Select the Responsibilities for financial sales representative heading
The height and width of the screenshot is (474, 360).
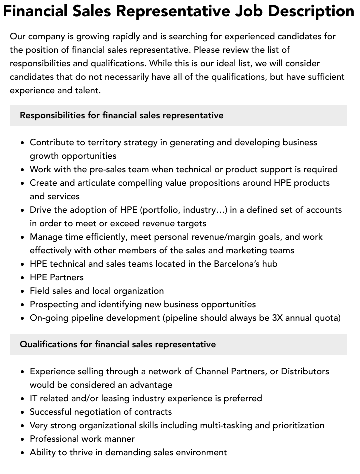(x=121, y=115)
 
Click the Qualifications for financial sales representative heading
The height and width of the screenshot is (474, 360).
(x=118, y=344)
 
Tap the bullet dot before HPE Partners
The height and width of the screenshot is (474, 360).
(x=23, y=278)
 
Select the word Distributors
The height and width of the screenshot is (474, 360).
(x=305, y=371)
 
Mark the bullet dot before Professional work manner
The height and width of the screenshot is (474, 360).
(x=23, y=439)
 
